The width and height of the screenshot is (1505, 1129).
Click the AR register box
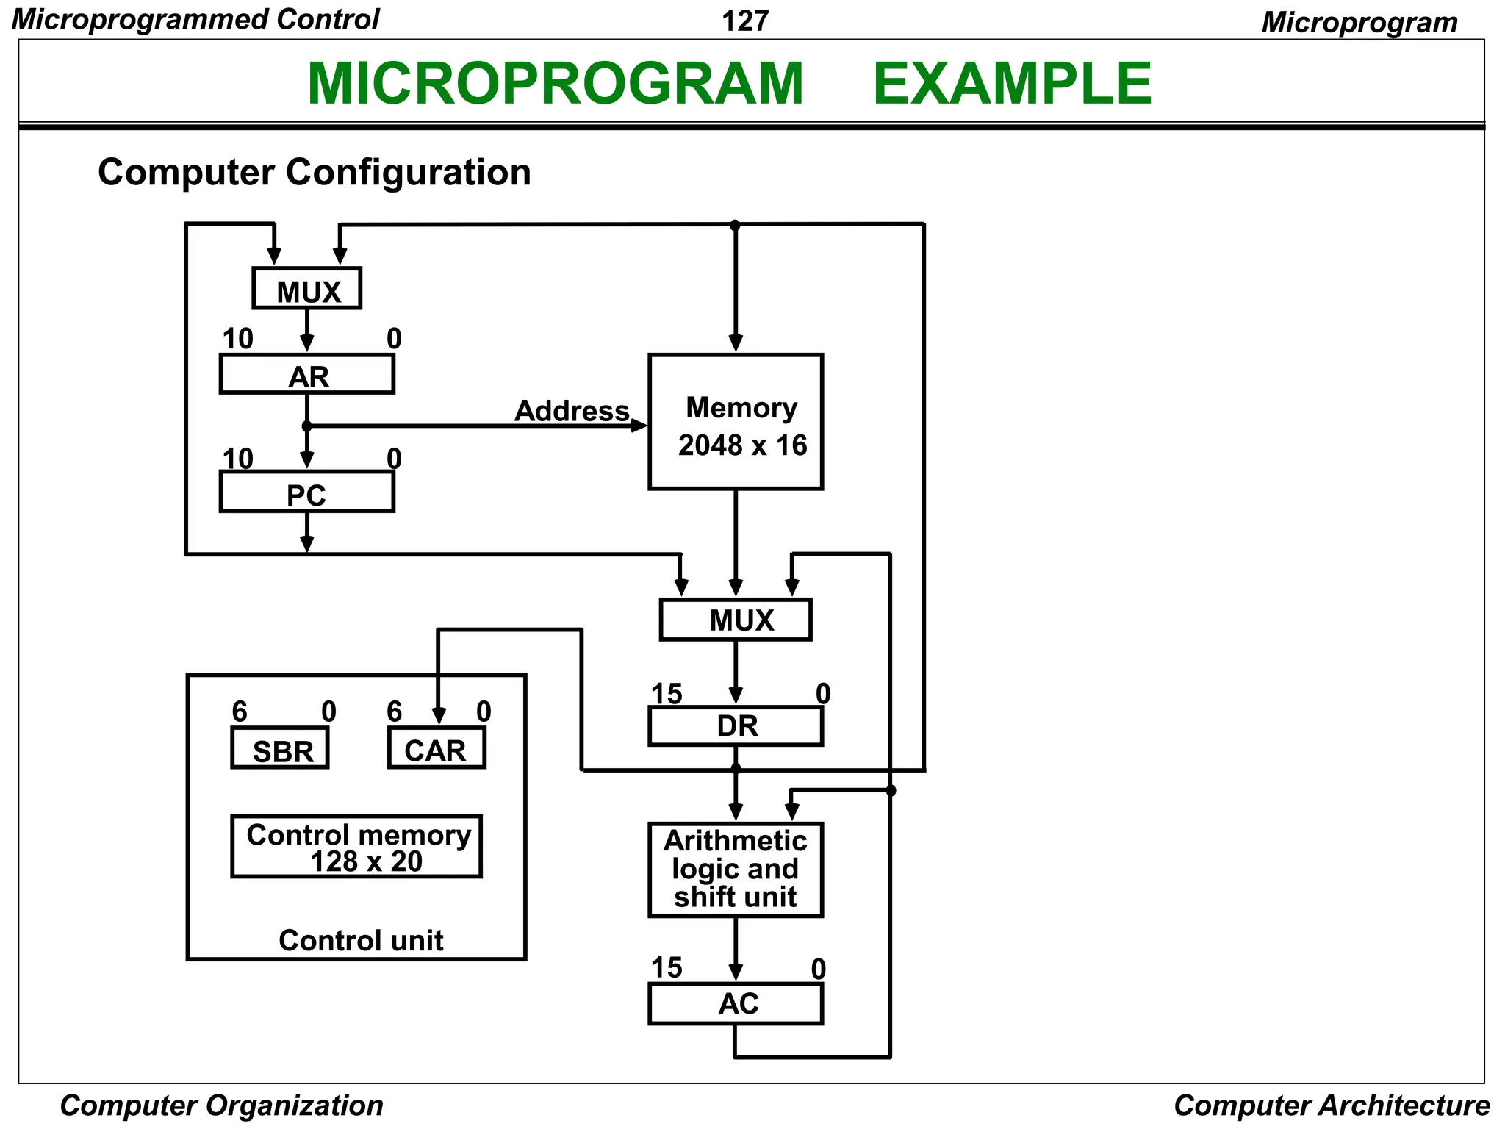307,375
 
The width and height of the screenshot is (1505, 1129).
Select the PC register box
307,492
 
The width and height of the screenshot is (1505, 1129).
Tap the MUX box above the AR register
307,289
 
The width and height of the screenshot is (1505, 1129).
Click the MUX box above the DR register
736,620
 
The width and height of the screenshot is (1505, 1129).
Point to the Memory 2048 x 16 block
736,423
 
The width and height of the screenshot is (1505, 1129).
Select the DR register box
736,726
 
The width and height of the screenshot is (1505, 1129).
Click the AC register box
736,1004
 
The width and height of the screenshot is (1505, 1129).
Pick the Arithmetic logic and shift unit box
736,870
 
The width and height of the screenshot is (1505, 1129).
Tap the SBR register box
280,749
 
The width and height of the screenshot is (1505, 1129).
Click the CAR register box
437,749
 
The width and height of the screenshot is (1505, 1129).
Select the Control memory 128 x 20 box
356,847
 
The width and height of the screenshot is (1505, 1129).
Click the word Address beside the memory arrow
572,411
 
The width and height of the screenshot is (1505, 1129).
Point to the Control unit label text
361,941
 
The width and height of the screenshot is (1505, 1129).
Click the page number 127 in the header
745,21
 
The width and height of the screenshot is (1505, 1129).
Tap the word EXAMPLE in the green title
1012,84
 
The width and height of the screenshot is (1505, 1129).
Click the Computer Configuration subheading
314,172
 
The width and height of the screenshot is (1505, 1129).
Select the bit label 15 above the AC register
667,968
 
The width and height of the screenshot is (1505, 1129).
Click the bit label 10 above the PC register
238,459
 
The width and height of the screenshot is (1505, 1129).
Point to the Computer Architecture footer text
1332,1105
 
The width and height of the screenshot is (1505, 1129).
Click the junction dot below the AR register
307,426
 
